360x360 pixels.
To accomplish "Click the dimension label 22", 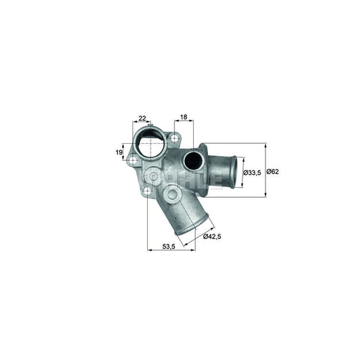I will [x=143, y=118].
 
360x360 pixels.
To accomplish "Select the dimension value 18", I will [x=184, y=118].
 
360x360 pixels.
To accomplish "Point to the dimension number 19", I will [x=119, y=153].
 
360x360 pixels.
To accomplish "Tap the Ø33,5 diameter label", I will [x=253, y=172].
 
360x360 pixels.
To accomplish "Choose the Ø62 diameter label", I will [x=272, y=172].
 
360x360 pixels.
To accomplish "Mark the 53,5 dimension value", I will [x=169, y=247].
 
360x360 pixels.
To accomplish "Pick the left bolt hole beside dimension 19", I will [x=133, y=160].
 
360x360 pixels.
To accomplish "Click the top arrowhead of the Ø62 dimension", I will [x=265, y=145].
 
